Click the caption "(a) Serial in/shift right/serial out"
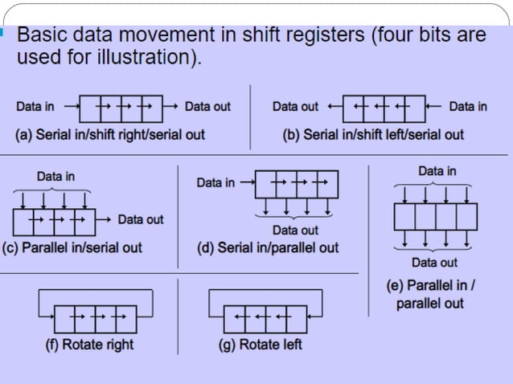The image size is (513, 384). pos(111,134)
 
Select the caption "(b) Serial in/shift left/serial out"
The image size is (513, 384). pos(373,134)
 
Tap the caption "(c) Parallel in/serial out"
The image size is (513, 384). pos(72,247)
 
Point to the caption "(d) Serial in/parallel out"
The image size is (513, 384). pos(268,247)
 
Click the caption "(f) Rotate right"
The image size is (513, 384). pos(88,345)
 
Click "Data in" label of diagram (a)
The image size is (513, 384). pos(35,106)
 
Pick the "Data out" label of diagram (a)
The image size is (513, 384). pos(207,106)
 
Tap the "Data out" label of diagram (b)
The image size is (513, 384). pos(295,106)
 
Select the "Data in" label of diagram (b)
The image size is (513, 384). pos(468,106)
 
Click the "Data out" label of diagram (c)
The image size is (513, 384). pos(141,219)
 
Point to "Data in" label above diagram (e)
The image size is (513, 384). pos(437,171)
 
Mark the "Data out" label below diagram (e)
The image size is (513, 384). pos(434,262)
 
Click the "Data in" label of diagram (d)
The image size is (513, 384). pos(215,182)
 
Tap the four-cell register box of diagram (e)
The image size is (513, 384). pos(435,216)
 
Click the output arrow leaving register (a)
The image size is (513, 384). pos(170,106)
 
